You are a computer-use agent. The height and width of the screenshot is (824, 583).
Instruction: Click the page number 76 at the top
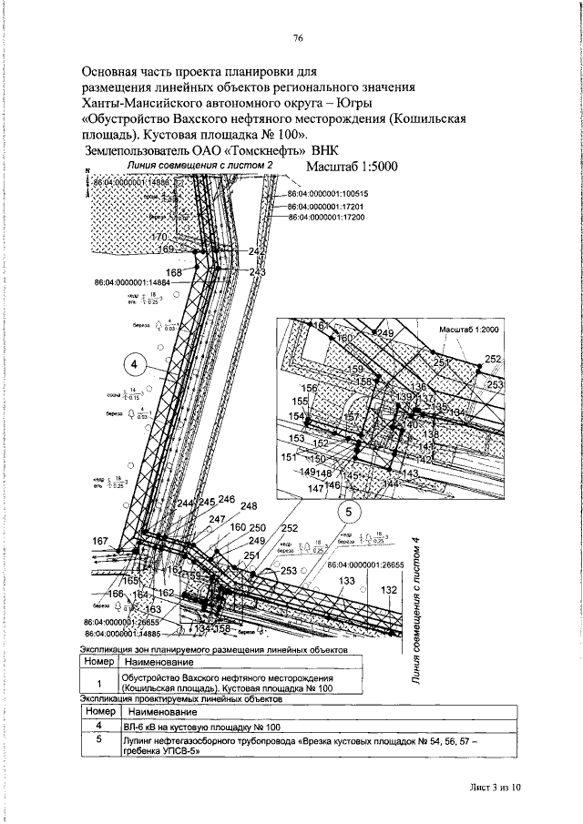click(x=298, y=38)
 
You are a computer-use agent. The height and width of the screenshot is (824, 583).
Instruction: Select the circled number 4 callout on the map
click(x=134, y=363)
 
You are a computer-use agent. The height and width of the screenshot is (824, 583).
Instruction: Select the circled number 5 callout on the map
click(x=350, y=512)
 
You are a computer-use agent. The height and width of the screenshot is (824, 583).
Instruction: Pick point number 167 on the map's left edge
click(x=101, y=541)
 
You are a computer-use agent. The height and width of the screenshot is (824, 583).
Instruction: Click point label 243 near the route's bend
click(x=257, y=272)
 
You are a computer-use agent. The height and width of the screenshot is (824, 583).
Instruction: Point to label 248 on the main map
click(x=249, y=506)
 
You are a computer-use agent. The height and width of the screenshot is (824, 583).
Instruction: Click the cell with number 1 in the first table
click(x=98, y=683)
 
